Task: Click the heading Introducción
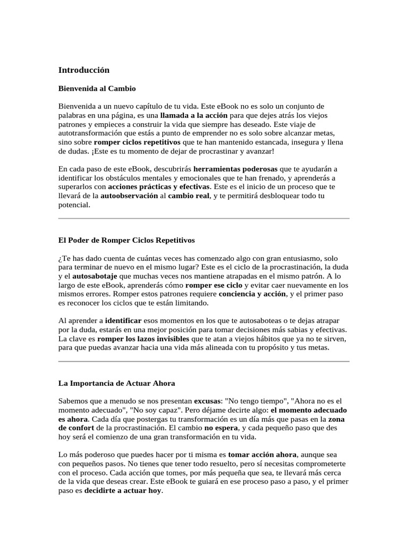pyautogui.click(x=83, y=70)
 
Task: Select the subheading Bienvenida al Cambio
pyautogui.click(x=97, y=88)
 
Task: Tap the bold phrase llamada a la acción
pyautogui.click(x=193, y=115)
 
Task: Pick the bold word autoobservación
pyautogui.click(x=130, y=196)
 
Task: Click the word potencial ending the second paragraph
pyautogui.click(x=74, y=205)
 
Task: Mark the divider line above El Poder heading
pyautogui.click(x=203, y=218)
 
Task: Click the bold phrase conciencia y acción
pyautogui.click(x=252, y=294)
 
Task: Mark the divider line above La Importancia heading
pyautogui.click(x=203, y=361)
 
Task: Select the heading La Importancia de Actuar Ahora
pyautogui.click(x=116, y=383)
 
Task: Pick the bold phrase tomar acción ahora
pyautogui.click(x=262, y=455)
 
